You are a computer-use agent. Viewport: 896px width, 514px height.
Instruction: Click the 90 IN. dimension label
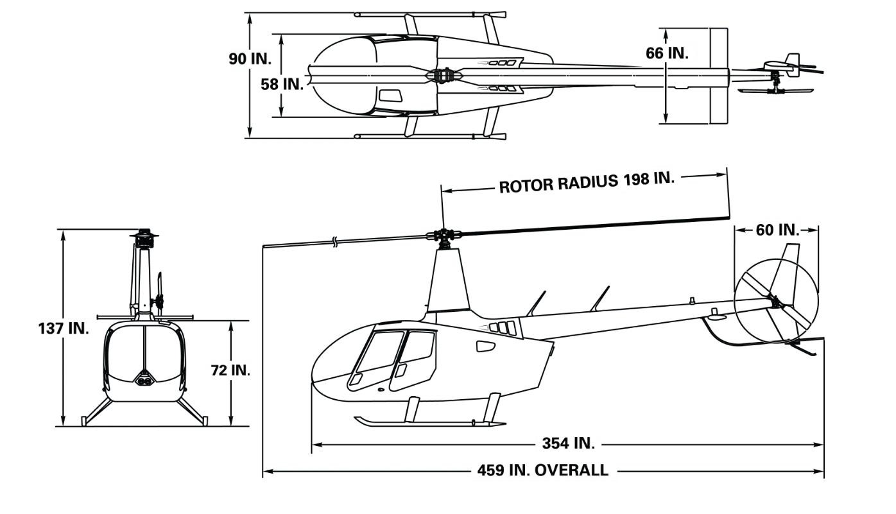pos(250,59)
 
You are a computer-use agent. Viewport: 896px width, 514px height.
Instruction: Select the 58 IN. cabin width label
pos(282,85)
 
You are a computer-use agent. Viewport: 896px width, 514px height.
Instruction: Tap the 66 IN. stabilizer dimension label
pos(668,53)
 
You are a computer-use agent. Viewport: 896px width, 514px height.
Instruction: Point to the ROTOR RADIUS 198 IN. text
pos(587,182)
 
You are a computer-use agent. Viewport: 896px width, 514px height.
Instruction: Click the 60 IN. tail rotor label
pos(777,230)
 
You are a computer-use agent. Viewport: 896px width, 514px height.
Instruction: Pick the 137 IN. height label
pos(64,329)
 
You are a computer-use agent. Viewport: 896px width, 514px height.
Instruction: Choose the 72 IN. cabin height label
pos(230,370)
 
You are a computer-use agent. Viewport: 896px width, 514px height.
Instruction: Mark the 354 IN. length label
pos(569,443)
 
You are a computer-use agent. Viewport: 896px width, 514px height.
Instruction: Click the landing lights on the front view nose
pos(144,380)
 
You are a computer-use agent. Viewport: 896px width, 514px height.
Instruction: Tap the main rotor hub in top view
pos(444,75)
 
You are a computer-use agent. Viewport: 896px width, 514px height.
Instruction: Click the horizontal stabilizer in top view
pos(719,76)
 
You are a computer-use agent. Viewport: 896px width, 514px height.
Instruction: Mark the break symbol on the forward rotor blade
pos(335,242)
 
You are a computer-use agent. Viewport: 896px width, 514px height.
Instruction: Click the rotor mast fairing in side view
pos(448,280)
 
